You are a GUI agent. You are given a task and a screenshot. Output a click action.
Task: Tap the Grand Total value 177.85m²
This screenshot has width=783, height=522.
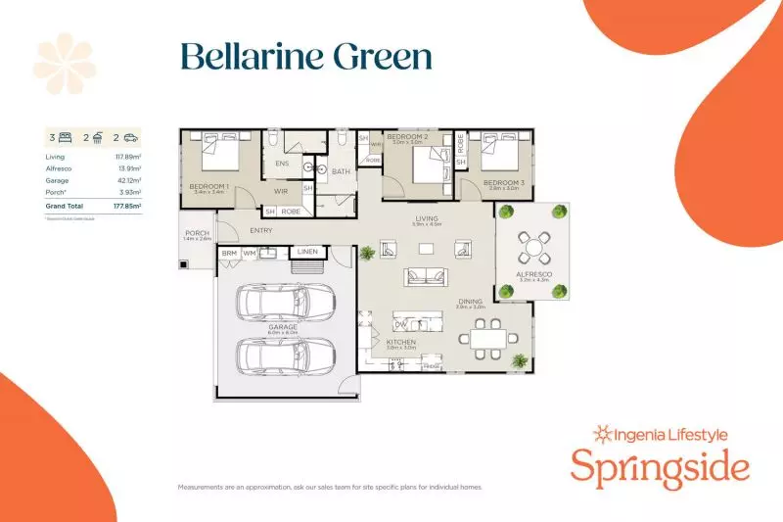126,207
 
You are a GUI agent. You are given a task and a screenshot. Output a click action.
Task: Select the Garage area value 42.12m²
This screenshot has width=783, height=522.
129,181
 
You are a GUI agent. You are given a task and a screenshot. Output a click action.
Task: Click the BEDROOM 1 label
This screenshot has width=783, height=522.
208,185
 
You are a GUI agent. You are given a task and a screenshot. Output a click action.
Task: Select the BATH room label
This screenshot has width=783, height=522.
341,172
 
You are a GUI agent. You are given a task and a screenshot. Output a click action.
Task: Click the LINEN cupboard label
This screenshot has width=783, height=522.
307,253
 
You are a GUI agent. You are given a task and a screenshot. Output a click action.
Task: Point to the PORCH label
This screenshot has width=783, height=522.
197,233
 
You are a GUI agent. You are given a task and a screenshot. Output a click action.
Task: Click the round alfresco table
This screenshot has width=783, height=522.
533,242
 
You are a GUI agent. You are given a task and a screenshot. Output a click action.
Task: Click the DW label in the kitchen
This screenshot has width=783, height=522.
400,324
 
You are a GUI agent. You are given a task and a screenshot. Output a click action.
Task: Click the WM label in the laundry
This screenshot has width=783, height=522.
249,253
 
